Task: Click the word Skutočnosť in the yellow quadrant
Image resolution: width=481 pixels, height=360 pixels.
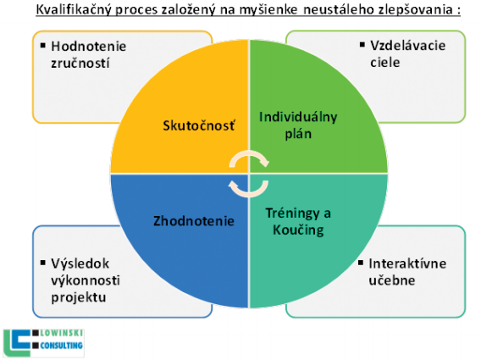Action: (199, 125)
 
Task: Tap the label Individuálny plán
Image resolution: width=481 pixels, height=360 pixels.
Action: (298, 125)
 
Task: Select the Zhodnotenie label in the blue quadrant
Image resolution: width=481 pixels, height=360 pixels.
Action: (194, 221)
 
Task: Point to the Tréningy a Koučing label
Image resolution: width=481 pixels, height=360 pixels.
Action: (298, 222)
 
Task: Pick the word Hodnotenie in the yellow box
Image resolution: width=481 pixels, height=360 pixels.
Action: (89, 47)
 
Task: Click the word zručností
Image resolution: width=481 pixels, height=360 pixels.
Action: (80, 64)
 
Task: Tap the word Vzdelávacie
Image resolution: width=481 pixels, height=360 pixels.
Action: (407, 46)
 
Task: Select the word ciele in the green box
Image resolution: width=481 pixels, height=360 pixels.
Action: (385, 63)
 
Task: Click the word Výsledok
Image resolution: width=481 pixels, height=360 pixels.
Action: (80, 263)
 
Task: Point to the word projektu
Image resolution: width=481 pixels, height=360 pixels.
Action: (79, 297)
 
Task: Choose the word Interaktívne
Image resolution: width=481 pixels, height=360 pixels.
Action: (407, 263)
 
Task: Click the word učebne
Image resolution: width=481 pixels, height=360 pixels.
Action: (392, 280)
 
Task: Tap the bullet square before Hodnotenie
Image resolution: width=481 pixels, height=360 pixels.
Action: (43, 46)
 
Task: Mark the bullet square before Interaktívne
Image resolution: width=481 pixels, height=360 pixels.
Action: (361, 263)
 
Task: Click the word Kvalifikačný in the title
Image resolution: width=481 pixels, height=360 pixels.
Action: (75, 10)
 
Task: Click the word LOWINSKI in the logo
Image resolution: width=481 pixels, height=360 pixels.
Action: (61, 333)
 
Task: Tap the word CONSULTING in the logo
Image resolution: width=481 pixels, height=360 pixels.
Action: (61, 346)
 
